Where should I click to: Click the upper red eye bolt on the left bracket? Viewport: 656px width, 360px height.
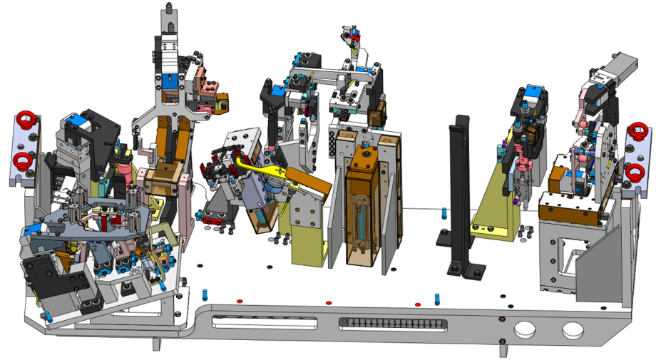(x=26, y=118)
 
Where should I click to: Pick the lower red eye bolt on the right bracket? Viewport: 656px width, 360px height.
(x=635, y=172)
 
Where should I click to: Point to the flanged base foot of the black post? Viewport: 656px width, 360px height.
(x=466, y=270)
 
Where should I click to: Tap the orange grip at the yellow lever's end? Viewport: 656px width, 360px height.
(x=308, y=182)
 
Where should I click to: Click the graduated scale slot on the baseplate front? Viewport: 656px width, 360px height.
(x=394, y=324)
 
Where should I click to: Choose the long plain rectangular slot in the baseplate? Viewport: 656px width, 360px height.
(x=265, y=323)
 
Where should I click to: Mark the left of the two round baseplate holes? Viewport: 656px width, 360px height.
(x=526, y=329)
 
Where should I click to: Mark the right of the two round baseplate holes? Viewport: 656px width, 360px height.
(x=572, y=331)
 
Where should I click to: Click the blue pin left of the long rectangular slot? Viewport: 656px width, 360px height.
(x=205, y=294)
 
